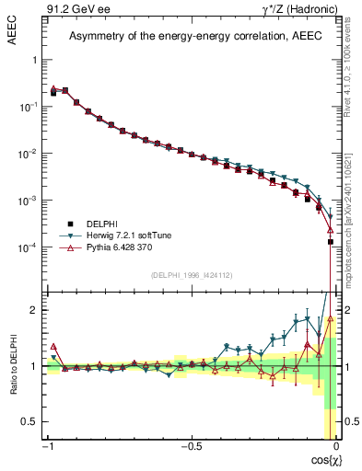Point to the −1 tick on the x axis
click(47, 447)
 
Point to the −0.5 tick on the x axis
click(189, 447)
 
